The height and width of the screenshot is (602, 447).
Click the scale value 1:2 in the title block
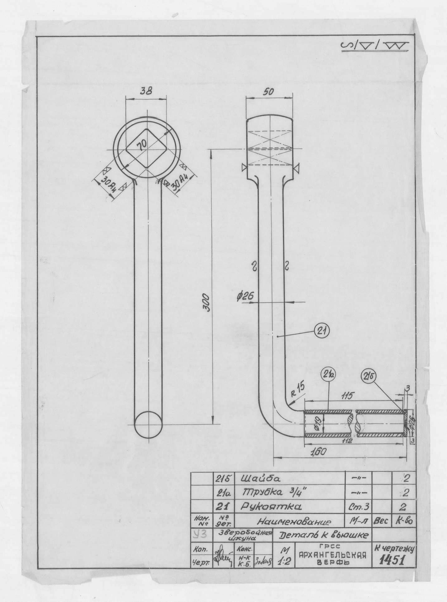pyautogui.click(x=282, y=561)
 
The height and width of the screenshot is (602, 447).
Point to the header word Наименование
pyautogui.click(x=295, y=521)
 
